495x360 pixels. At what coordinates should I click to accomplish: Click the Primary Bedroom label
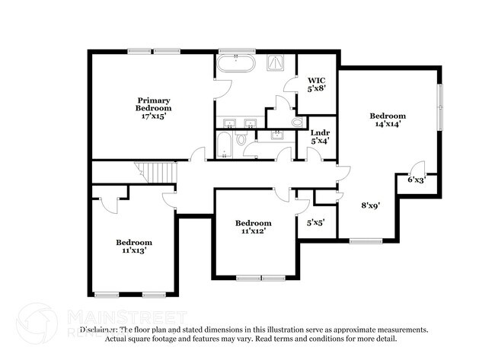153,108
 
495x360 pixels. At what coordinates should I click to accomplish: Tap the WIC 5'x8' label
317,84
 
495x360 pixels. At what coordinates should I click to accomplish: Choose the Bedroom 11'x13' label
133,246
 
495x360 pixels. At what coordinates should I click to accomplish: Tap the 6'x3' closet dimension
417,180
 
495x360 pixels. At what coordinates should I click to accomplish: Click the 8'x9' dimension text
370,205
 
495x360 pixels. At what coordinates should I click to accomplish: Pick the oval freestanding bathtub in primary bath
237,62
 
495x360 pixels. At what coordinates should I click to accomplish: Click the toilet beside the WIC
297,122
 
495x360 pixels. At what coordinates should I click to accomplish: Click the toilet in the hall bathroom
241,139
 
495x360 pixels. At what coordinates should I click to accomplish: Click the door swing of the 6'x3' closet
416,168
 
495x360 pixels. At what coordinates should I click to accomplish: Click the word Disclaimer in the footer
100,330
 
